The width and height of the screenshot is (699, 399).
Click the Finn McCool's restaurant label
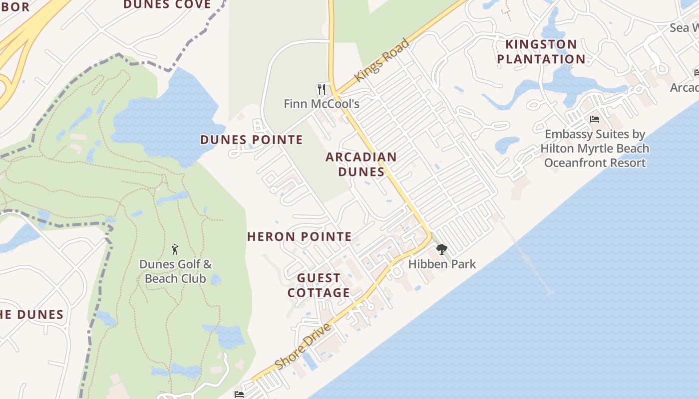pyautogui.click(x=322, y=104)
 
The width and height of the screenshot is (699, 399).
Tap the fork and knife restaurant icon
pyautogui.click(x=322, y=89)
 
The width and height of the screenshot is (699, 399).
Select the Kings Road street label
pyautogui.click(x=381, y=60)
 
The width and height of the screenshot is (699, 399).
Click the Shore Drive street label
pyautogui.click(x=303, y=346)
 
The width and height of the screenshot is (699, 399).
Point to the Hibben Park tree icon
pyautogui.click(x=441, y=249)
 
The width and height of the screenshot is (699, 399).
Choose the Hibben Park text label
pyautogui.click(x=442, y=264)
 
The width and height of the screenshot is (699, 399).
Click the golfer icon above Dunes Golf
pyautogui.click(x=175, y=249)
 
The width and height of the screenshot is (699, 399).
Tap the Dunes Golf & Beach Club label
pyautogui.click(x=175, y=271)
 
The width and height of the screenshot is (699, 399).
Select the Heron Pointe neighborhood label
pyautogui.click(x=300, y=236)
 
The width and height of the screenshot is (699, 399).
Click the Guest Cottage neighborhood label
pyautogui.click(x=319, y=285)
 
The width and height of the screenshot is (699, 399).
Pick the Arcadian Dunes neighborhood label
pyautogui.click(x=361, y=164)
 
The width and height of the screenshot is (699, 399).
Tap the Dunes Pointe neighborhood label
pyautogui.click(x=252, y=140)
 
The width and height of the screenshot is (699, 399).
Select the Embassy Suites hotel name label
pyautogui.click(x=595, y=149)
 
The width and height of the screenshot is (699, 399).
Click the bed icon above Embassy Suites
pyautogui.click(x=594, y=119)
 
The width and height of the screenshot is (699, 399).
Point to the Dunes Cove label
pyautogui.click(x=167, y=5)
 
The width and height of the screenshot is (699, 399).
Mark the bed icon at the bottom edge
pyautogui.click(x=239, y=394)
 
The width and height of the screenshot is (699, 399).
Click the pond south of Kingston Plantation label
pyautogui.click(x=569, y=82)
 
